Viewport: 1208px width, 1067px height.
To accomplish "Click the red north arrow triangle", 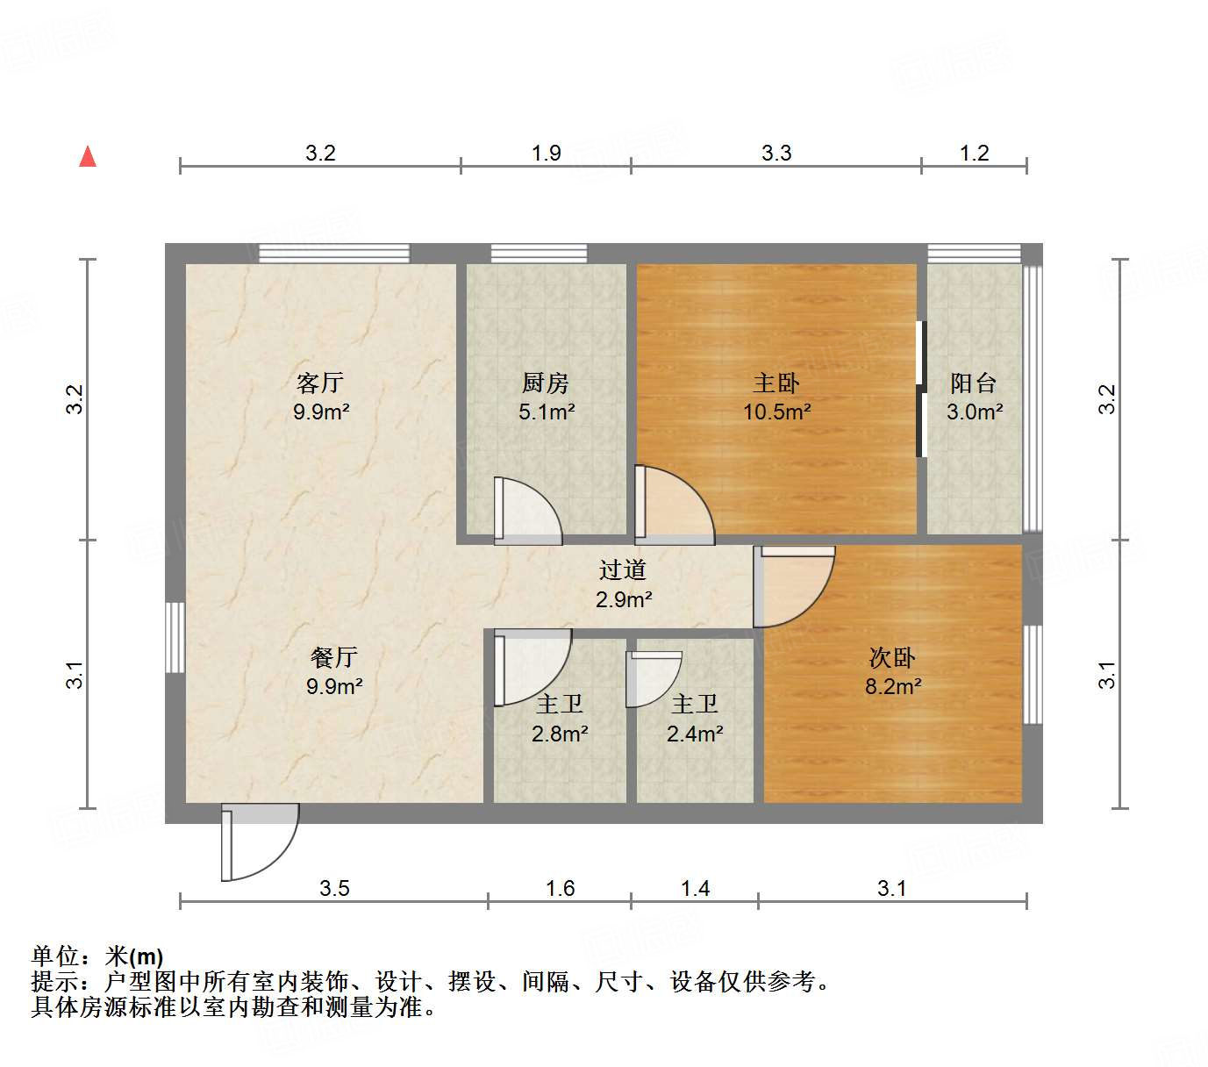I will pos(88,156).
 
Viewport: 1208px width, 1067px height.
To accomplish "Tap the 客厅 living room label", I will pos(319,383).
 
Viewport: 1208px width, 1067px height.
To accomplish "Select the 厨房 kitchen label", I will pos(545,383).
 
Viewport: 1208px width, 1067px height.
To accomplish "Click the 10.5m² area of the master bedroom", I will pos(776,412).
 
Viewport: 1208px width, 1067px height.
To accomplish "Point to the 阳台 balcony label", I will pos(974,383).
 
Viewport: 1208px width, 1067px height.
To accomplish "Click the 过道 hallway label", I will pos(623,570).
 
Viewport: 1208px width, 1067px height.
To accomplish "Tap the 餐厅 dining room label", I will pos(333,657).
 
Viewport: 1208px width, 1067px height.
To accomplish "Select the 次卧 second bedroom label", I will pos(892,657).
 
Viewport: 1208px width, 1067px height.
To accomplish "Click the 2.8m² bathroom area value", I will pos(560,734).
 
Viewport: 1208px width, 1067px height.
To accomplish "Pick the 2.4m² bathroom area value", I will pos(695,734).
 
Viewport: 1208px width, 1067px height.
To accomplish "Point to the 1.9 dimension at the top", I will pos(546,154).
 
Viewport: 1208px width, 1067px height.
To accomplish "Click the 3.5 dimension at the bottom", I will pos(334,889).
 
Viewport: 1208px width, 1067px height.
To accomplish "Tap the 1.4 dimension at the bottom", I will pos(695,889).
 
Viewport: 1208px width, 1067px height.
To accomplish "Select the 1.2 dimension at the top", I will pos(974,154).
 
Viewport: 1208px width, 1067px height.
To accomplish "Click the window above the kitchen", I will pos(539,254).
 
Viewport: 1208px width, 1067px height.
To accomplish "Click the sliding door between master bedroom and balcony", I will pos(920,390).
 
